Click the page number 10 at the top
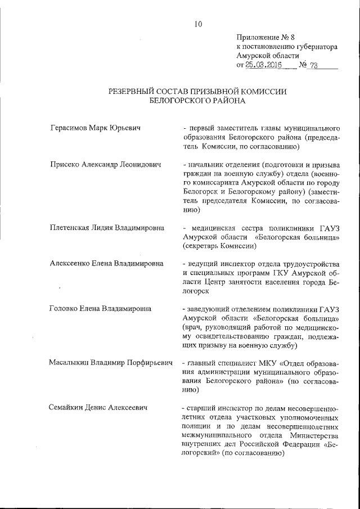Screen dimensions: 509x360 click(198, 24)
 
